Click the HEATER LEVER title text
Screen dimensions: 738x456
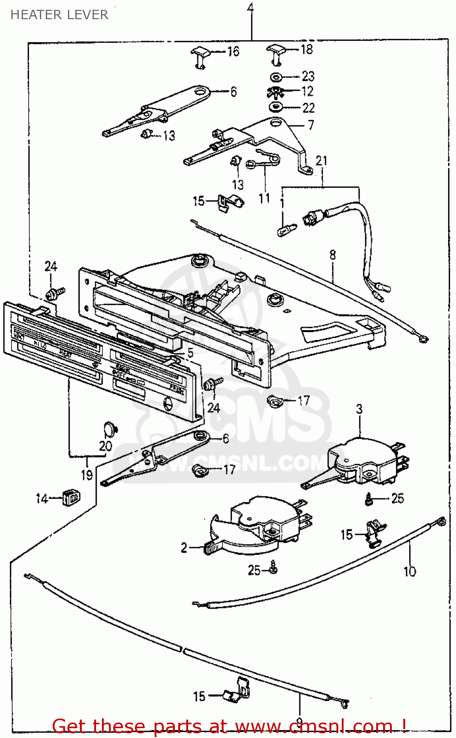pyautogui.click(x=59, y=15)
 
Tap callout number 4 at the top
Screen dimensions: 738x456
pyautogui.click(x=251, y=8)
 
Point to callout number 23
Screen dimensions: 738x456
pyautogui.click(x=308, y=76)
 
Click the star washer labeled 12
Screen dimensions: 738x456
pyautogui.click(x=275, y=92)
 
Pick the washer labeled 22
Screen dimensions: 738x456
pyautogui.click(x=276, y=107)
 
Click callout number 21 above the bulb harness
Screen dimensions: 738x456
pyautogui.click(x=321, y=160)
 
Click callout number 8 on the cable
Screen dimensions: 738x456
pyautogui.click(x=333, y=255)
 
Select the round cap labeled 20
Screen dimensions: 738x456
pyautogui.click(x=110, y=428)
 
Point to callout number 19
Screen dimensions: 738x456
pyautogui.click(x=87, y=475)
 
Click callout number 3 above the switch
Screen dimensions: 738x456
pyautogui.click(x=359, y=409)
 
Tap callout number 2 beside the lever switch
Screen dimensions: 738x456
pyautogui.click(x=184, y=548)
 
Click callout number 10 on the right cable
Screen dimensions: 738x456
pyautogui.click(x=410, y=571)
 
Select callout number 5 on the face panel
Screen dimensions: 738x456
pyautogui.click(x=190, y=353)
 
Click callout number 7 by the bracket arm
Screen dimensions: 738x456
pyautogui.click(x=311, y=125)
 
